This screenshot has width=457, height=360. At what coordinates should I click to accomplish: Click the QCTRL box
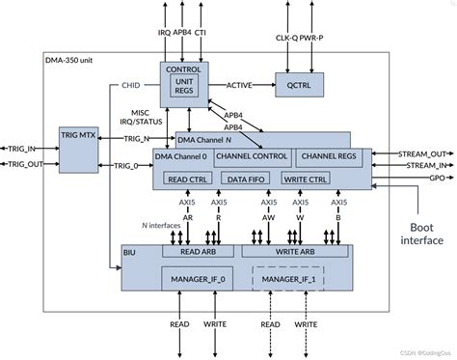299,84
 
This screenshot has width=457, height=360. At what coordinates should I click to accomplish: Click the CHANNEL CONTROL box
253,155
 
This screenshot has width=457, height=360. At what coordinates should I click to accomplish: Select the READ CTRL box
189,179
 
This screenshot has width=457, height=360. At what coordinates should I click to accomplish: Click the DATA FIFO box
248,179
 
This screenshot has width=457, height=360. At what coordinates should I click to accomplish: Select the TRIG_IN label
20,150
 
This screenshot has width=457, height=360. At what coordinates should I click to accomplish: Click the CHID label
131,84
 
